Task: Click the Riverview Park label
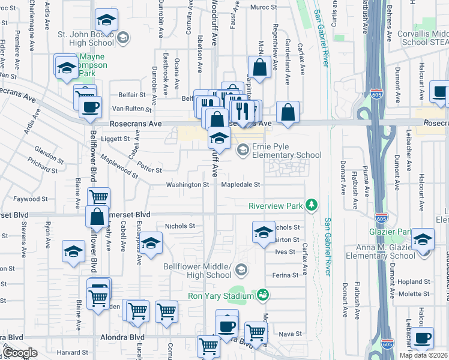pyautogui.click(x=276, y=206)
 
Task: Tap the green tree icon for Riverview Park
pyautogui.click(x=312, y=206)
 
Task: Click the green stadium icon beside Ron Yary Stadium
pyautogui.click(x=262, y=295)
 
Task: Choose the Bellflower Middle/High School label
pyautogui.click(x=197, y=271)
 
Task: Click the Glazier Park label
pyautogui.click(x=389, y=232)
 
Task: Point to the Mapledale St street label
pyautogui.click(x=240, y=185)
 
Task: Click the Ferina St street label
pyautogui.click(x=286, y=275)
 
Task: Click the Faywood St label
pyautogui.click(x=31, y=199)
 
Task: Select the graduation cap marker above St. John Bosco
pyautogui.click(x=106, y=22)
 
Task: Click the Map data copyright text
pyautogui.click(x=423, y=355)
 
